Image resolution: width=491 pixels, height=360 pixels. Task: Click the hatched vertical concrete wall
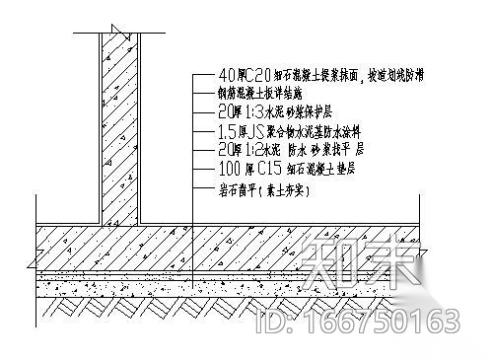[120, 128]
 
